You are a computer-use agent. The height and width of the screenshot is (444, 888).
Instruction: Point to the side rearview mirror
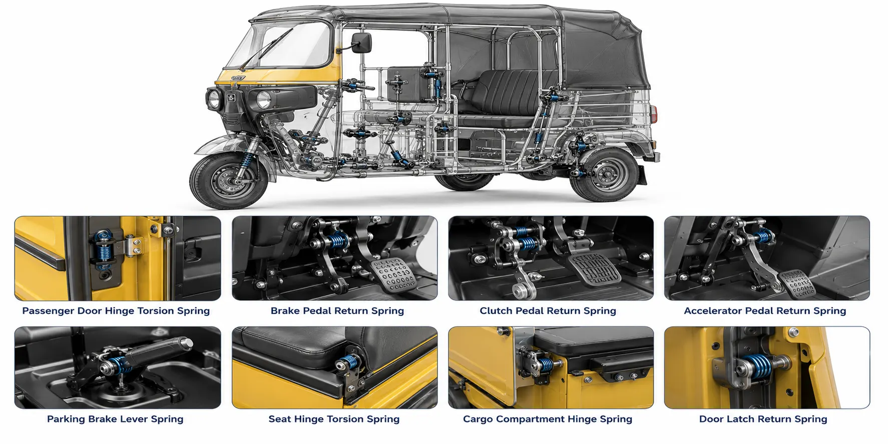coord(361,43)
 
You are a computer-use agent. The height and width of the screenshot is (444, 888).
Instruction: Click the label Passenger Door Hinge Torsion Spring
coord(116,311)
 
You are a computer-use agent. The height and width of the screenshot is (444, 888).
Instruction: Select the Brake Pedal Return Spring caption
coord(337,311)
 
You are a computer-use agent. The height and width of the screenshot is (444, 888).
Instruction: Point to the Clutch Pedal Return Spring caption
coord(548,311)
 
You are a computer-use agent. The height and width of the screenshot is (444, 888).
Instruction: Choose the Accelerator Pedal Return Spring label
coord(765,311)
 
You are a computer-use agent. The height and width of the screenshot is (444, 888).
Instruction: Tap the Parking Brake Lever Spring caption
coord(115,419)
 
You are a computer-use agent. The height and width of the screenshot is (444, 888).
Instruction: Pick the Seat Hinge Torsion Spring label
coord(334,419)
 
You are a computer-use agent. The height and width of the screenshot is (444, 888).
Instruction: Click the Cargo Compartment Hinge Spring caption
coord(548,419)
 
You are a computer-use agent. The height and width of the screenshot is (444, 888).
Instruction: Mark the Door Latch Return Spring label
coord(763,419)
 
